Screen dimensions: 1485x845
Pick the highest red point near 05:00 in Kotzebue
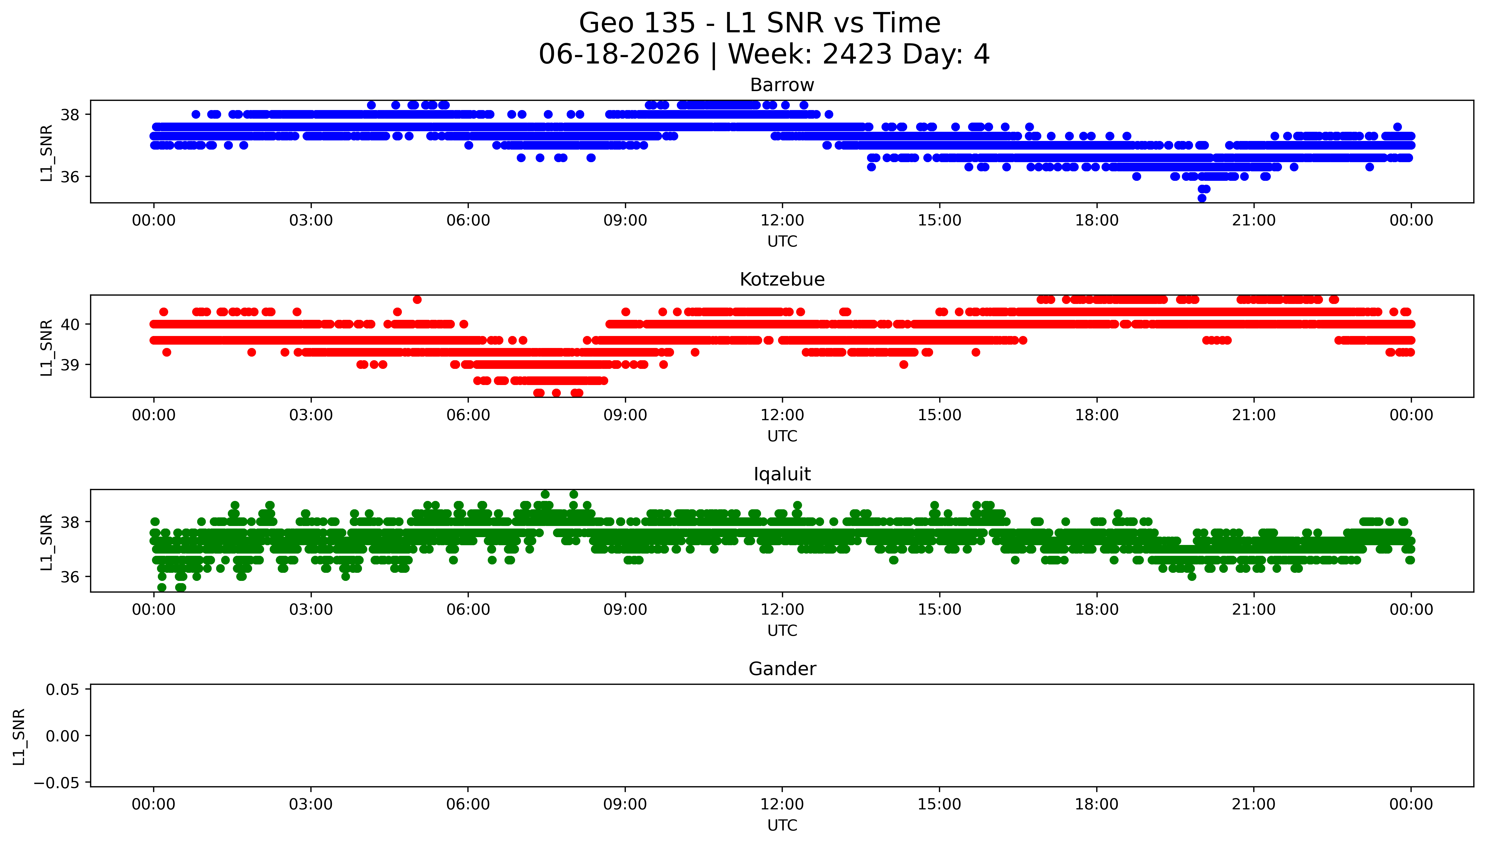pyautogui.click(x=417, y=299)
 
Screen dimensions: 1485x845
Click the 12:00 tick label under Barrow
pyautogui.click(x=782, y=221)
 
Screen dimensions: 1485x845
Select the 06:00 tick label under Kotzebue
pyautogui.click(x=468, y=415)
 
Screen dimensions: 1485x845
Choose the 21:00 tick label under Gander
pyautogui.click(x=1254, y=804)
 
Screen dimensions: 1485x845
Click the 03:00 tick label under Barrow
pyautogui.click(x=311, y=221)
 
